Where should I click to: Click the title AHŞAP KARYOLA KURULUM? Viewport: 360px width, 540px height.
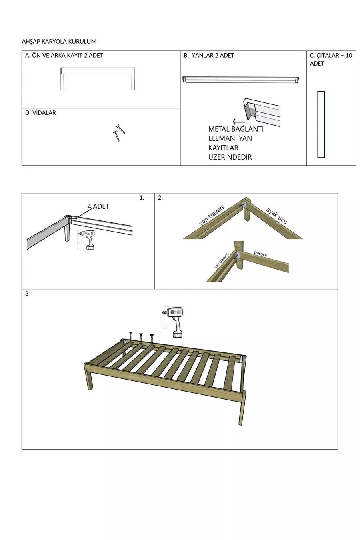[x=59, y=42]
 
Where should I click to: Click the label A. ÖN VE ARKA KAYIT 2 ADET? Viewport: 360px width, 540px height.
[x=64, y=56]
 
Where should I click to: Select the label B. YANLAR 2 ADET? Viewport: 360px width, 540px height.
[x=209, y=56]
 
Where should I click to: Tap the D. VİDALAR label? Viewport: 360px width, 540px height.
[x=40, y=113]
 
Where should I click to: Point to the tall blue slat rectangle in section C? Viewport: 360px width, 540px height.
[x=321, y=125]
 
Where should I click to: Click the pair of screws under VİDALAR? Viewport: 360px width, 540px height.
[x=119, y=133]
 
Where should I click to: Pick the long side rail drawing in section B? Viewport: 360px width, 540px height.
[x=241, y=79]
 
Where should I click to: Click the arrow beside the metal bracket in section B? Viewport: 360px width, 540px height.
[x=239, y=122]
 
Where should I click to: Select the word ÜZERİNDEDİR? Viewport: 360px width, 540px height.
[x=230, y=157]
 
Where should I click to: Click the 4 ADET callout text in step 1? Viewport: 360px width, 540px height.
[x=98, y=206]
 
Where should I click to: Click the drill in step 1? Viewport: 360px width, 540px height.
[x=86, y=240]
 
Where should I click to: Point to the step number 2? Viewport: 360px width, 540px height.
[x=160, y=198]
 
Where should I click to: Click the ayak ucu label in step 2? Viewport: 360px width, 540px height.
[x=276, y=216]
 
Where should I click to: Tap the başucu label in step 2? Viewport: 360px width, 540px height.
[x=261, y=254]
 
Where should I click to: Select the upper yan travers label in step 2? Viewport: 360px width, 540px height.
[x=212, y=215]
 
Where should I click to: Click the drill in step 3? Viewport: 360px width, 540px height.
[x=173, y=322]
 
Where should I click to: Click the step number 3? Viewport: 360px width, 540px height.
[x=27, y=294]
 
